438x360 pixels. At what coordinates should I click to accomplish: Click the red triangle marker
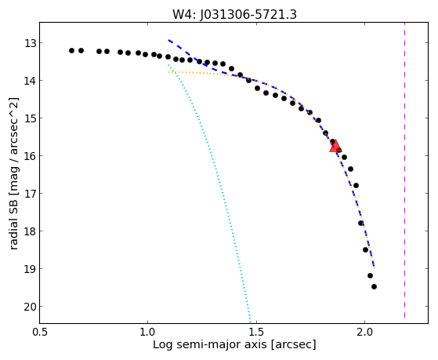(335, 147)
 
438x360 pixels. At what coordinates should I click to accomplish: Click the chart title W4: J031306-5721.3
(234, 14)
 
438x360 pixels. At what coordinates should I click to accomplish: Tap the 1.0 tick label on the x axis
(147, 332)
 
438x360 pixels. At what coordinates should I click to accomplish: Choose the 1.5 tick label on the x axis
(256, 332)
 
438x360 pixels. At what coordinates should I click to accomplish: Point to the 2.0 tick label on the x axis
(364, 332)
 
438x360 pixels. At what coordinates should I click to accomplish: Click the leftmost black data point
(71, 51)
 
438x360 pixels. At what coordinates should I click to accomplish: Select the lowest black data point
(374, 287)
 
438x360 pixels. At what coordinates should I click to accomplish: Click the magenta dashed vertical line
(404, 170)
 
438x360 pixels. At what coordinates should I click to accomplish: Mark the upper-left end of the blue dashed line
(168, 40)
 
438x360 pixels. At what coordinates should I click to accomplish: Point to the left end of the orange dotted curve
(168, 72)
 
